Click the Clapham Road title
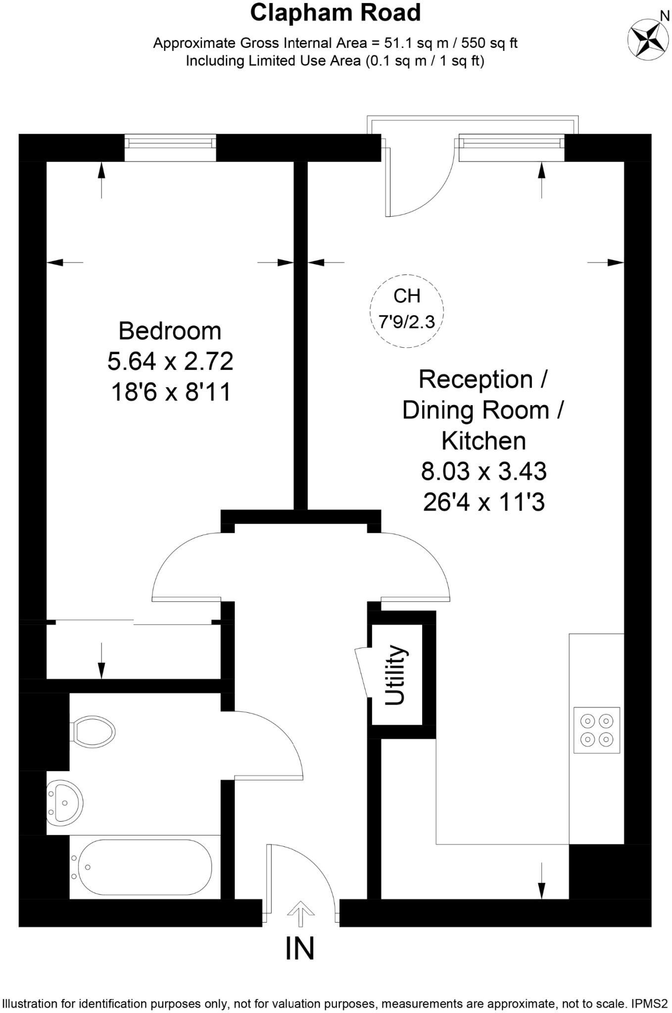[335, 13]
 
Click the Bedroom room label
[170, 331]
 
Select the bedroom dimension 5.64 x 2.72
[170, 362]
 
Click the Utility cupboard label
[396, 675]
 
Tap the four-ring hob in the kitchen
[596, 730]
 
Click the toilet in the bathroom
[94, 731]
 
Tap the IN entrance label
[300, 948]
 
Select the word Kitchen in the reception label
[483, 441]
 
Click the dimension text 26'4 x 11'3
[483, 503]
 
